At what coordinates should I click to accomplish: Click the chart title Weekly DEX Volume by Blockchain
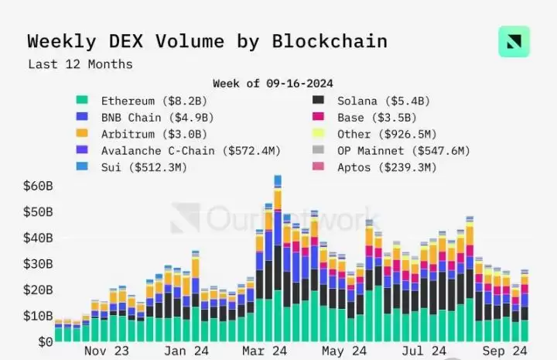pos(207,42)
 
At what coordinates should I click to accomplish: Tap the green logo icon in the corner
pos(514,42)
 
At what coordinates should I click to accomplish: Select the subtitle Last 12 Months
pos(80,64)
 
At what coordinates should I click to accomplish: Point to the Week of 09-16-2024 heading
pos(273,84)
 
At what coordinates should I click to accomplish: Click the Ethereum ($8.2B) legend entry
pos(142,101)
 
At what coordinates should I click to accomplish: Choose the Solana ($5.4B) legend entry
pos(371,101)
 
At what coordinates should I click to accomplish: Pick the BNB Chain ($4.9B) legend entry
pos(145,118)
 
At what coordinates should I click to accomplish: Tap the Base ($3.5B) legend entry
pos(364,118)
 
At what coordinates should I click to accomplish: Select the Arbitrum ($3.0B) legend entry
pos(142,134)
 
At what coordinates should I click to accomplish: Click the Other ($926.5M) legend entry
pos(374,134)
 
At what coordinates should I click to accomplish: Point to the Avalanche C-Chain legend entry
pos(179,151)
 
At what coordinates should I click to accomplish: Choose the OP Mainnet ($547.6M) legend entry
pos(391,151)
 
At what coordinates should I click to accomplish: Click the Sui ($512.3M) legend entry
pos(132,167)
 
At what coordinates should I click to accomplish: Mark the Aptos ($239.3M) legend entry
pos(374,167)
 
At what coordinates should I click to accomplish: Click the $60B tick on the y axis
pos(38,186)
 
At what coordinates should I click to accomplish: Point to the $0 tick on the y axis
pos(46,342)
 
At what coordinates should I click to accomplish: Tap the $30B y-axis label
pos(38,264)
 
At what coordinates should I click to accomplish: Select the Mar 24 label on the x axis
pos(265,351)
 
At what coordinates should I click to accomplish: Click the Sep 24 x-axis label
pos(504,351)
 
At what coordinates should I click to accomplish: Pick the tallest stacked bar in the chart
pos(278,259)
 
